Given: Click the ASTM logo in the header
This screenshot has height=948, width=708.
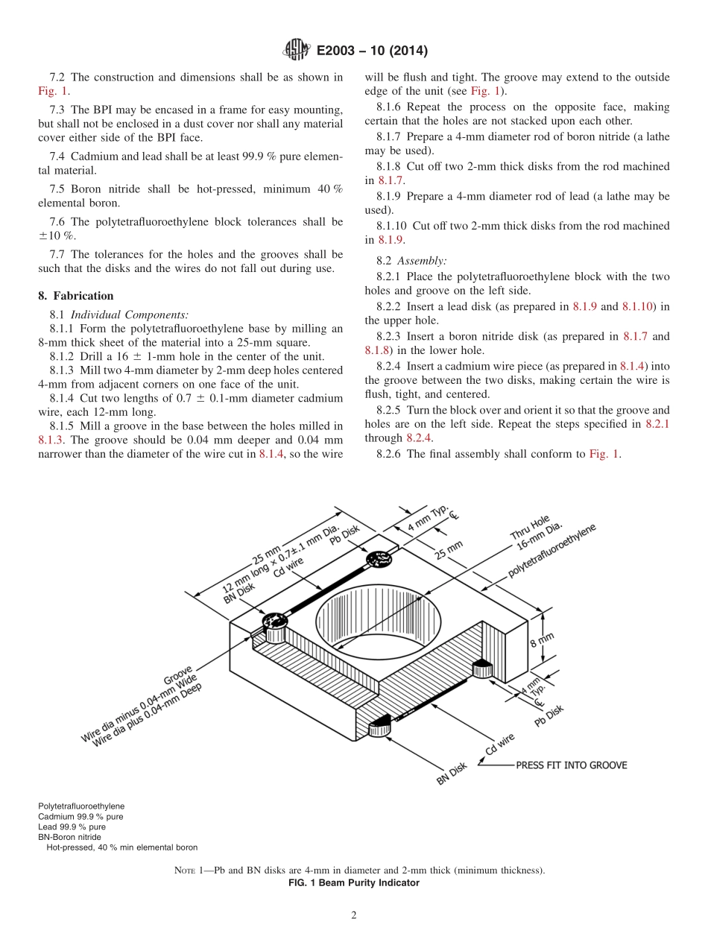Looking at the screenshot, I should (297, 51).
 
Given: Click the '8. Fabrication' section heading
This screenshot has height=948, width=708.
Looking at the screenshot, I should (76, 296).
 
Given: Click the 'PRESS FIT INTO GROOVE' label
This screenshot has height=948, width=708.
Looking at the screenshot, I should (572, 765).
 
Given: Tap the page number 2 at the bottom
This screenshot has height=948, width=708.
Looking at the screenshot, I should (354, 916).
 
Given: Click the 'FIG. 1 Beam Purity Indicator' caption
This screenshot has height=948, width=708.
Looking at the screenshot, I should (354, 883).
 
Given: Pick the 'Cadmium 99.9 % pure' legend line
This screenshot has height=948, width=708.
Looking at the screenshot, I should (80, 817).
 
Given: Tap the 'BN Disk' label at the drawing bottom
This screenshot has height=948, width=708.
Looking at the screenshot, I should (452, 774).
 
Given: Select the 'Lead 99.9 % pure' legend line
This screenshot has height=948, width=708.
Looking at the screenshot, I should (72, 827).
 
